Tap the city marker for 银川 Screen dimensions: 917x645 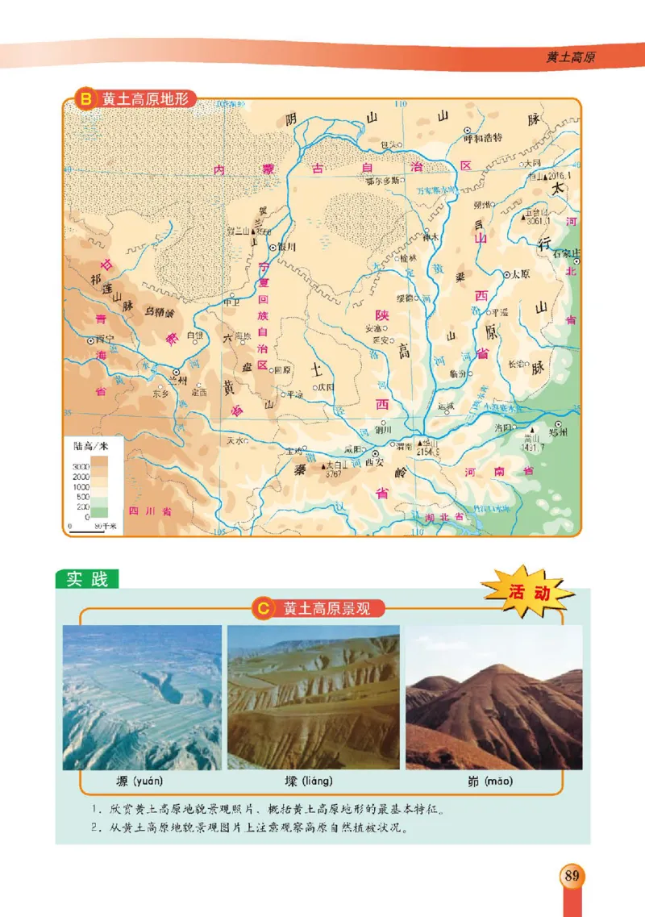coord(273,247)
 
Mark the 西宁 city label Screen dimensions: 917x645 coord(101,340)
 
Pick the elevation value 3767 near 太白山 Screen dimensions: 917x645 coord(337,474)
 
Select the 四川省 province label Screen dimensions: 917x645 coord(151,511)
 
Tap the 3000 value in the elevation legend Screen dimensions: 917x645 coord(81,467)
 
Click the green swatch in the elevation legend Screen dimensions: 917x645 coord(99,511)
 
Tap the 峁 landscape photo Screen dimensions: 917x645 coord(493,697)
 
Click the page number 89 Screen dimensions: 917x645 coord(572,875)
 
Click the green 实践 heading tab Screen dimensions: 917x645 coord(87,579)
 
